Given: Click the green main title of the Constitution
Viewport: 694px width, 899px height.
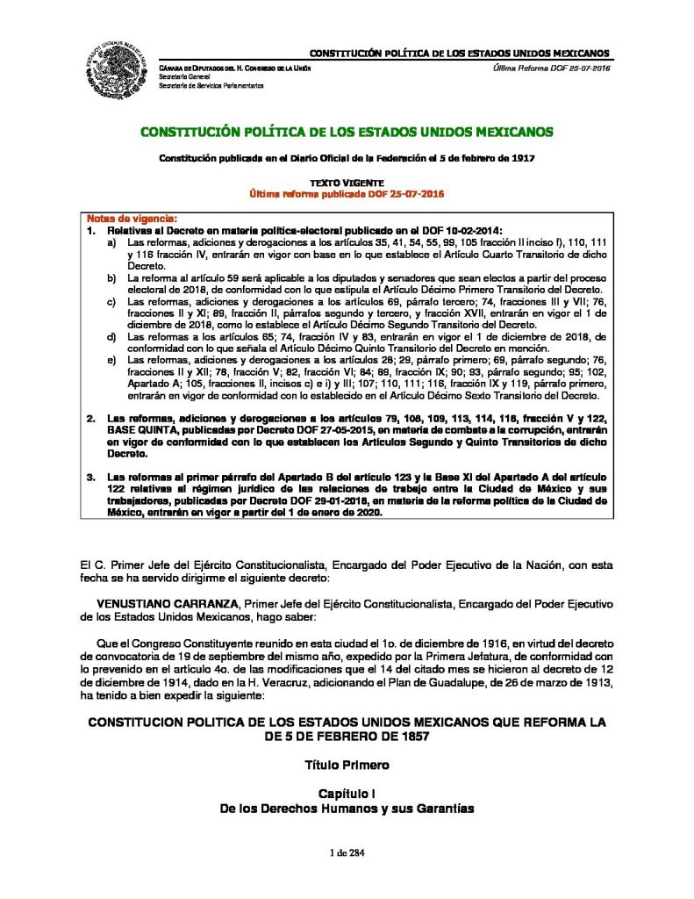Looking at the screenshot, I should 347,132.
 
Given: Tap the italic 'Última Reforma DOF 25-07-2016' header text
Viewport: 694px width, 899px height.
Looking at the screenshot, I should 553,68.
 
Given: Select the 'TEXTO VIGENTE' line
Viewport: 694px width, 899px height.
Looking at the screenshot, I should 347,181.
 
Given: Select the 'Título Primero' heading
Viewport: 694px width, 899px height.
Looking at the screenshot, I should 347,765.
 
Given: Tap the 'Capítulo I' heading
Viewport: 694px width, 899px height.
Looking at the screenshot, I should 347,794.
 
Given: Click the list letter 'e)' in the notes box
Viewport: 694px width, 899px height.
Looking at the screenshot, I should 111,360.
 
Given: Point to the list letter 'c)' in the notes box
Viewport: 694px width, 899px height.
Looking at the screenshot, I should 111,300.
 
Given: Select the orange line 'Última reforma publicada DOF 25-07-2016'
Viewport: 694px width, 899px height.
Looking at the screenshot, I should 347,191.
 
